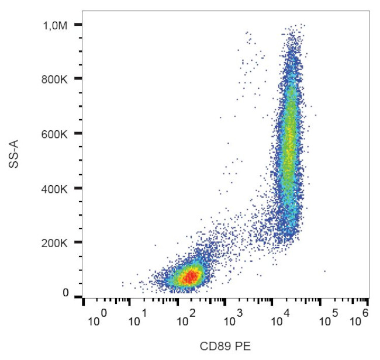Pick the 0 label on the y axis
[66, 293]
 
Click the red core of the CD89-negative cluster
[188, 276]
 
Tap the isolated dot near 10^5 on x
[324, 271]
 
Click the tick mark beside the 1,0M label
[77, 25]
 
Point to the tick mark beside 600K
[77, 134]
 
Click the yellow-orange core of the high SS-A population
[288, 140]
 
